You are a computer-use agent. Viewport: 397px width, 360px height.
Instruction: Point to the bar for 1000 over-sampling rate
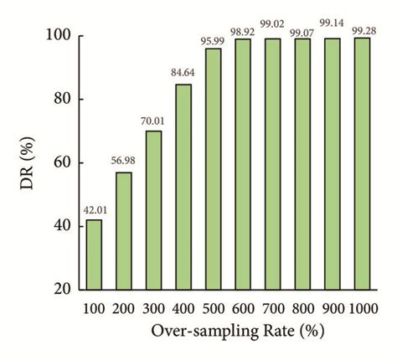(362, 163)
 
